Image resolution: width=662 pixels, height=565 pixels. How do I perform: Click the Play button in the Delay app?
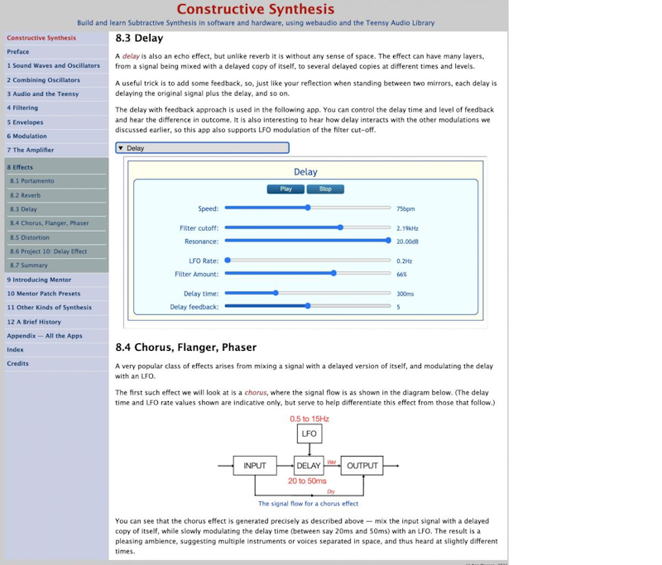[x=285, y=189]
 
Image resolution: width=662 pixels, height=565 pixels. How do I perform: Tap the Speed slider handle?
[x=308, y=208]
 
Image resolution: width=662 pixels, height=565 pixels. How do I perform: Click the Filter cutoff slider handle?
[x=340, y=227]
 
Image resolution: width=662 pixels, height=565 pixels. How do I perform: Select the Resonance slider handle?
[x=388, y=241]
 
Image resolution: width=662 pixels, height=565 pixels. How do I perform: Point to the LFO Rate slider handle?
[x=228, y=260]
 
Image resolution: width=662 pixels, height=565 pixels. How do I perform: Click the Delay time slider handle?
[x=276, y=292]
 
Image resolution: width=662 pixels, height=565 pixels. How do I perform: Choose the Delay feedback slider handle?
[x=308, y=306]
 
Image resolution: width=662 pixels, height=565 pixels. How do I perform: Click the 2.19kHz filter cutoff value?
[x=408, y=227]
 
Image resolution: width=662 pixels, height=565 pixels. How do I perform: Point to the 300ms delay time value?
[x=405, y=293]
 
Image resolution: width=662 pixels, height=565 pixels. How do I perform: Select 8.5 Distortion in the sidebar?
[x=30, y=237]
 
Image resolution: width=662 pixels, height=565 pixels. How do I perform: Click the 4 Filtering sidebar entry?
[x=22, y=108]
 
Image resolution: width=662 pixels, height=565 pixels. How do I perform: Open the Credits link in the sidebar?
[x=17, y=363]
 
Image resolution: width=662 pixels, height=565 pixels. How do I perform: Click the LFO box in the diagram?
[x=309, y=433]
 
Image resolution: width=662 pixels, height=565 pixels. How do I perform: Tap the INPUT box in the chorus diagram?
[x=255, y=466]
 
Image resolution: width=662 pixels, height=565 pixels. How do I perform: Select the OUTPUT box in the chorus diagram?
[x=362, y=466]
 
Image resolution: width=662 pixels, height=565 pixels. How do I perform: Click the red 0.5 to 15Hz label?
[x=309, y=418]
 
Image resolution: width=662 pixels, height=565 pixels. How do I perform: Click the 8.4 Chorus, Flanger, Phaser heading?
[x=185, y=347]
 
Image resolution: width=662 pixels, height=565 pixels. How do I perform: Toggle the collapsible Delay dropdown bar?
[x=202, y=148]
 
